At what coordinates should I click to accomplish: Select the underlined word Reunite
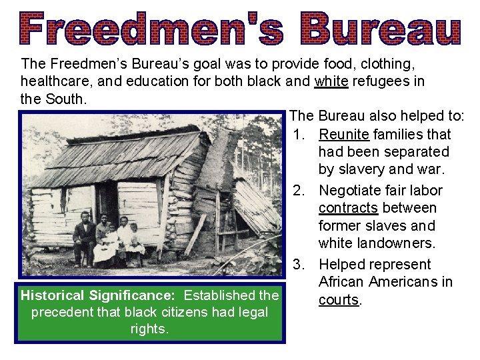click(344, 135)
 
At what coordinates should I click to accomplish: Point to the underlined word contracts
click(349, 208)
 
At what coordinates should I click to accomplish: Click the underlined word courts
click(339, 300)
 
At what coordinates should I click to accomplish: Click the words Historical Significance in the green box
click(99, 295)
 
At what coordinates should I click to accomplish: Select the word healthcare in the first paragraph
click(54, 82)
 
